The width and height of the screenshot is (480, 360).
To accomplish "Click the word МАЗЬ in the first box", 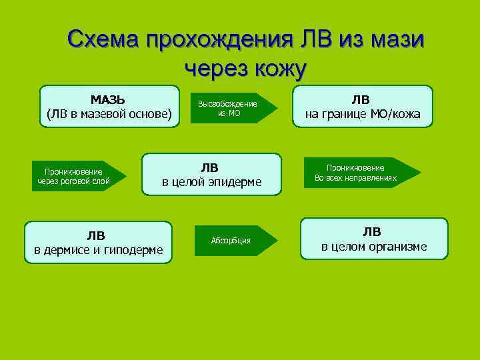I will coord(109,99).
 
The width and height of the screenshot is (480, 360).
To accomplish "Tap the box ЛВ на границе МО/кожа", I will coord(363,107).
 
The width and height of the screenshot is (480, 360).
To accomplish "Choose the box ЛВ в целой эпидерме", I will coord(211,174).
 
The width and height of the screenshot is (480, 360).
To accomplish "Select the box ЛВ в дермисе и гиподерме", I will coord(98,242).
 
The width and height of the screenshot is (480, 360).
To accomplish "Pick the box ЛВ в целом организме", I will coord(373,239).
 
